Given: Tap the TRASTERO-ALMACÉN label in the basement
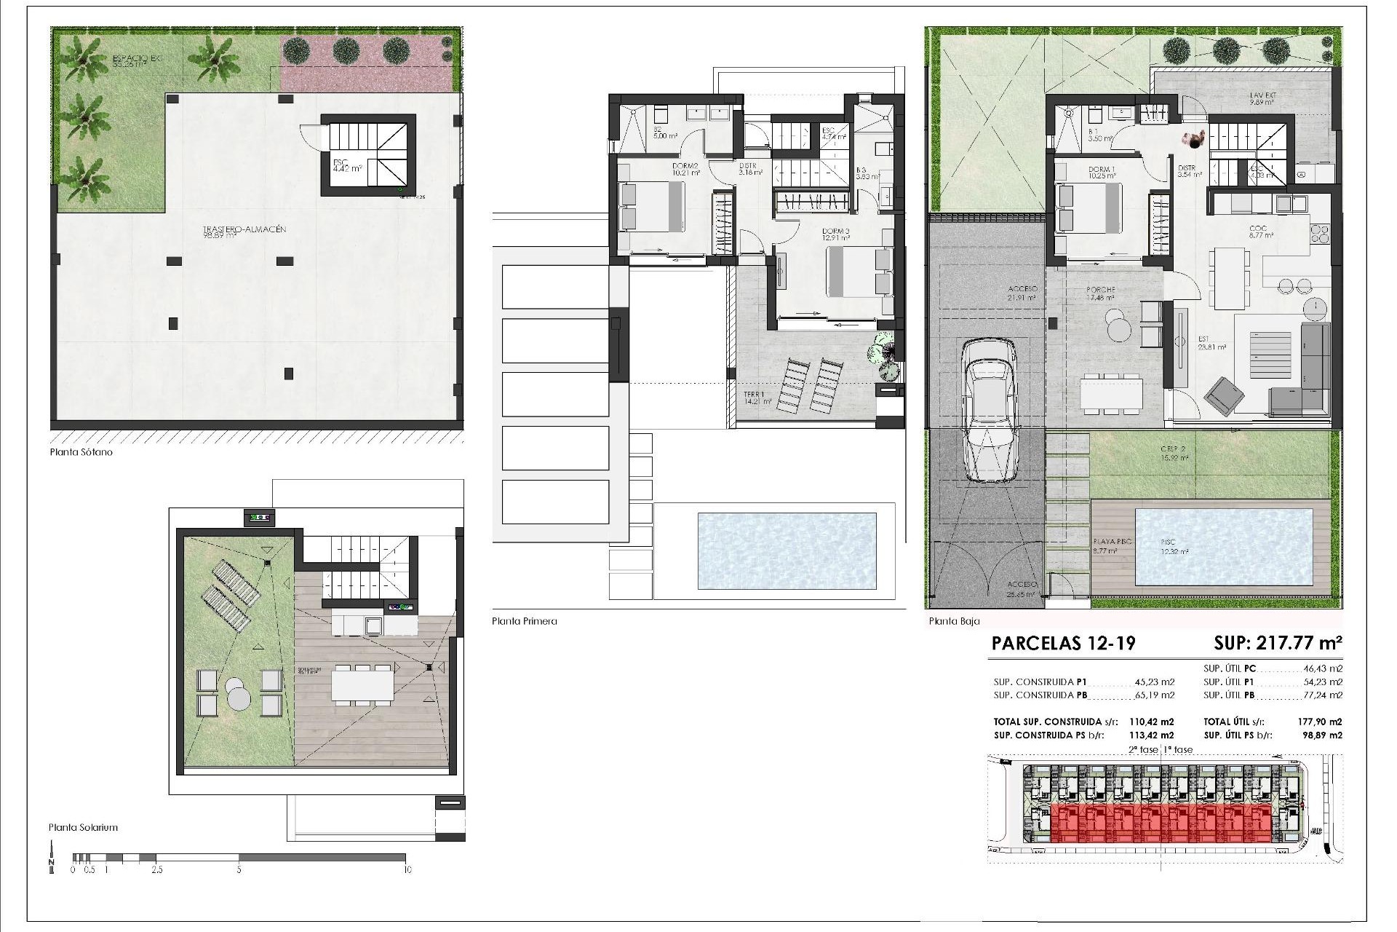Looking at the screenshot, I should (x=244, y=230).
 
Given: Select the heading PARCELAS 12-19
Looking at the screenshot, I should (x=1063, y=644).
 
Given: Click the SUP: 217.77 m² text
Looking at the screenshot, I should (x=1277, y=644).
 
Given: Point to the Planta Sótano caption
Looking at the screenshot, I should (x=81, y=452).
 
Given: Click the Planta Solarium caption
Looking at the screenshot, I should (x=83, y=827).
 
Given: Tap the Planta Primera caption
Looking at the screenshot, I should (x=524, y=621).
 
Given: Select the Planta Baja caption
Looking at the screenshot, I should (x=954, y=621).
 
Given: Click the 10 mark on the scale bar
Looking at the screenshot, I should (x=407, y=869).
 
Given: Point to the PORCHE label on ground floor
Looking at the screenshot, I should (x=1100, y=290).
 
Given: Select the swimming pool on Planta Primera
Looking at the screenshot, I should (x=786, y=551).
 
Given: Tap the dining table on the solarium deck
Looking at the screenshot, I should (x=362, y=684).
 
